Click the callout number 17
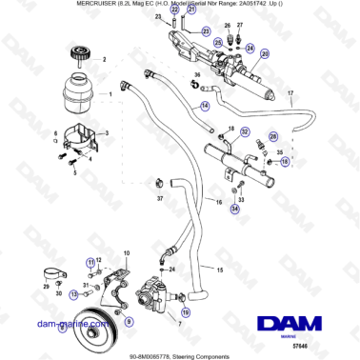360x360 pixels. pos(290,92)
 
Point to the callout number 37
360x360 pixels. pos(160,199)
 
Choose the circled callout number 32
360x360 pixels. pos(245,133)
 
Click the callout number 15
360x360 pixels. pos(222,270)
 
